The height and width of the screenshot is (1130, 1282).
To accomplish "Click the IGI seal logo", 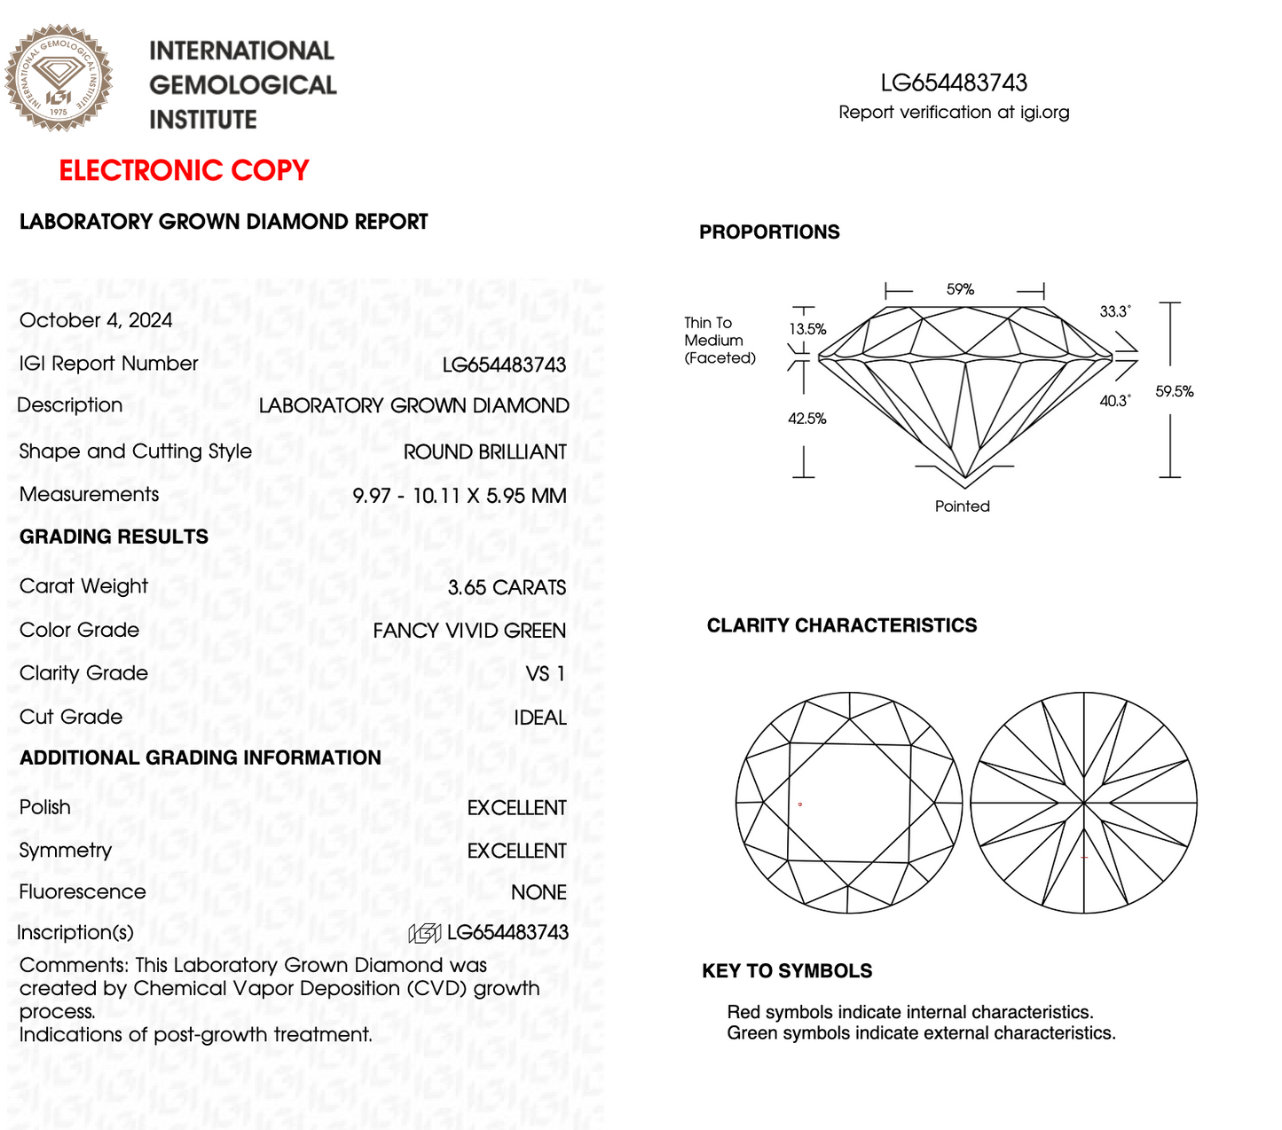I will click(x=59, y=78).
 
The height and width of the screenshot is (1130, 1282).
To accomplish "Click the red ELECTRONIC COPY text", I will click(x=184, y=170).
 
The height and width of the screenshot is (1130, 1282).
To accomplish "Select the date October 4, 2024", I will click(x=96, y=320).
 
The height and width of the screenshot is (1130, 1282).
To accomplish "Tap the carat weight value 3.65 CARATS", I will click(x=507, y=587).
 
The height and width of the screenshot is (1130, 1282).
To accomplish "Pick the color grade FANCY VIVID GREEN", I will click(x=469, y=631).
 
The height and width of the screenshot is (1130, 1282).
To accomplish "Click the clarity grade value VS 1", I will click(x=546, y=674).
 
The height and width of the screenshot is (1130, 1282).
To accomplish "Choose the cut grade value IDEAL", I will click(x=539, y=718).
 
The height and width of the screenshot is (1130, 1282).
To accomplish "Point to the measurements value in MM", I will click(x=460, y=496).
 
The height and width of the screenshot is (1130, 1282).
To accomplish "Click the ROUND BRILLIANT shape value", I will click(x=484, y=452).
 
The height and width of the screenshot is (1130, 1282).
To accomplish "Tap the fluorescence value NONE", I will click(x=539, y=892).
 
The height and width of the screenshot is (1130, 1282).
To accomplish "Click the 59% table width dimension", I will click(x=960, y=289).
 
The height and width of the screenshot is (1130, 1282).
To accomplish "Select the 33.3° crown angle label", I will click(x=1115, y=311).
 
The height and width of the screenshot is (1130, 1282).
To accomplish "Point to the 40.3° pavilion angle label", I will click(x=1115, y=401).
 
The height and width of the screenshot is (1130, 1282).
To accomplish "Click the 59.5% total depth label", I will click(x=1174, y=391).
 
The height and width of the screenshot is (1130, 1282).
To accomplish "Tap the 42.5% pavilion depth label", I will click(x=807, y=419).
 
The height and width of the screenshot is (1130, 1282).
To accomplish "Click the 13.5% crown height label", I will click(x=807, y=329).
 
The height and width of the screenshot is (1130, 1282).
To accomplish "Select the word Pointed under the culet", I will click(x=962, y=506).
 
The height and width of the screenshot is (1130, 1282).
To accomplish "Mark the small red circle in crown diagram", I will click(x=800, y=804).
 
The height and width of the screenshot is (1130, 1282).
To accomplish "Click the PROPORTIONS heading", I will click(x=769, y=232).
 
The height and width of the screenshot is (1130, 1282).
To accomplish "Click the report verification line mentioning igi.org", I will click(x=954, y=113).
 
